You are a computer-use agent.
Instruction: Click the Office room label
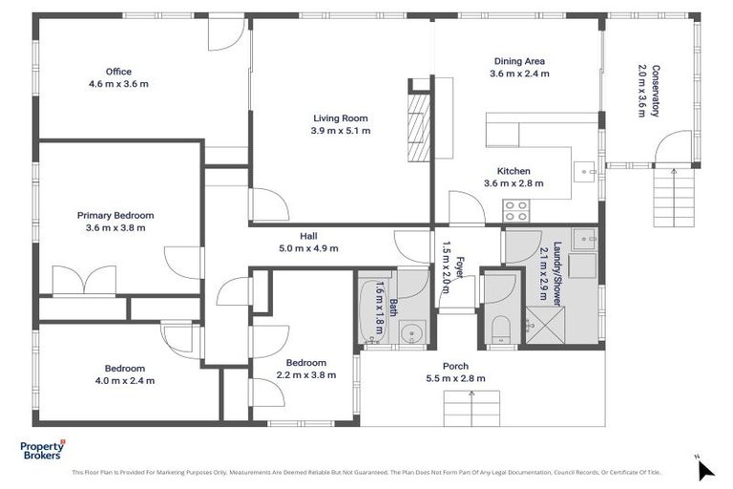(119, 72)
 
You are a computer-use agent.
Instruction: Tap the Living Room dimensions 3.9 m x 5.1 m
(340, 131)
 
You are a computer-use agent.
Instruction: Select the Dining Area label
(518, 60)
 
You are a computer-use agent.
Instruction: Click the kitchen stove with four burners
(516, 210)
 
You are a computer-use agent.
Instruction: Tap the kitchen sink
(585, 172)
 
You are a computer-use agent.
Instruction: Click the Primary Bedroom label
(115, 216)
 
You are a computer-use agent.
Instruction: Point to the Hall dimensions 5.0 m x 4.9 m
(307, 248)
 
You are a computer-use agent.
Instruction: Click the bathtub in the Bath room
(373, 309)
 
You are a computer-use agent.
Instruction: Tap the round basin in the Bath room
(411, 333)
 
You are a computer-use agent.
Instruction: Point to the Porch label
(455, 366)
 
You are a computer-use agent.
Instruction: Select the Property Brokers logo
(43, 450)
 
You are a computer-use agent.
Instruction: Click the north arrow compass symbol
(705, 469)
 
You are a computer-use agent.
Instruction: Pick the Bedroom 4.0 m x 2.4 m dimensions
(125, 380)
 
